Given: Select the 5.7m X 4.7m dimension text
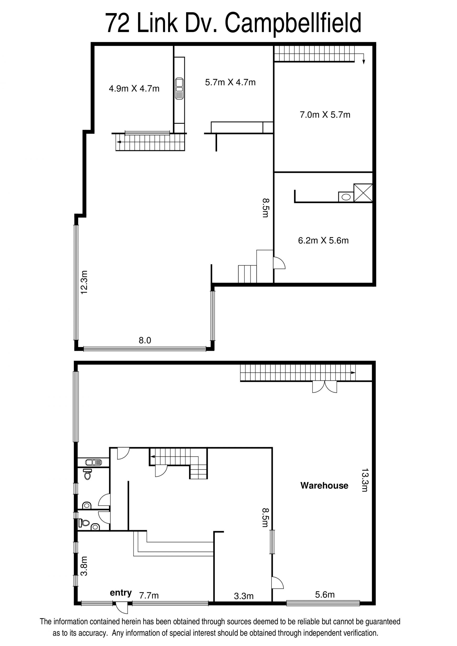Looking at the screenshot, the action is [x=230, y=82].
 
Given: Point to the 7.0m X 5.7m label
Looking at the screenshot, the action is [x=325, y=114].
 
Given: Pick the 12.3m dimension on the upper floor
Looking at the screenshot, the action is [x=84, y=282].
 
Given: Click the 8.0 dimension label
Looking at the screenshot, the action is [x=145, y=340].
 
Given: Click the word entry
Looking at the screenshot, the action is [x=121, y=593].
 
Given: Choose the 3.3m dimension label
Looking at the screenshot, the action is [x=244, y=596].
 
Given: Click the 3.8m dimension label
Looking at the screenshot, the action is [x=84, y=566].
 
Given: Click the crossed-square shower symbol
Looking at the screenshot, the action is [x=363, y=193].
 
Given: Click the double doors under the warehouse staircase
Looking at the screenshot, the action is [x=325, y=387].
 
